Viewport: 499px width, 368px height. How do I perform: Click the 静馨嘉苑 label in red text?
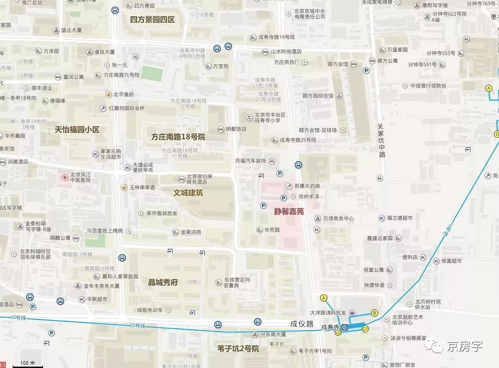click(289, 211)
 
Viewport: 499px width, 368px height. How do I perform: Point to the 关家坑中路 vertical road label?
click(382, 140)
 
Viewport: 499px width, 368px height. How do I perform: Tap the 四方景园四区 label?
click(152, 20)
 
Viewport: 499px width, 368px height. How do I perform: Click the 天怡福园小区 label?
click(77, 129)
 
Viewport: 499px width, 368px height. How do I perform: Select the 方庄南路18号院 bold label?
click(178, 137)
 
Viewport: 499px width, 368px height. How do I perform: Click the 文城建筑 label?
click(188, 192)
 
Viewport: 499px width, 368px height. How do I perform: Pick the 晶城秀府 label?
click(163, 282)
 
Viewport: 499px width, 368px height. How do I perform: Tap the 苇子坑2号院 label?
click(238, 348)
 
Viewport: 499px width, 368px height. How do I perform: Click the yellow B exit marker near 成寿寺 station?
click(374, 313)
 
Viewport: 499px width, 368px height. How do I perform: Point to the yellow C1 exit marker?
click(366, 329)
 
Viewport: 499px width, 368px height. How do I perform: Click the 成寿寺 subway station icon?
click(345, 328)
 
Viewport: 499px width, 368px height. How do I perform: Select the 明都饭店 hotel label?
click(236, 129)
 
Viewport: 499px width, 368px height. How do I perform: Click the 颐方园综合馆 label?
click(318, 96)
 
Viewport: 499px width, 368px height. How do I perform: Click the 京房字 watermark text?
click(464, 347)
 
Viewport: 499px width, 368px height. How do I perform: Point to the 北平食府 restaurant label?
click(124, 94)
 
